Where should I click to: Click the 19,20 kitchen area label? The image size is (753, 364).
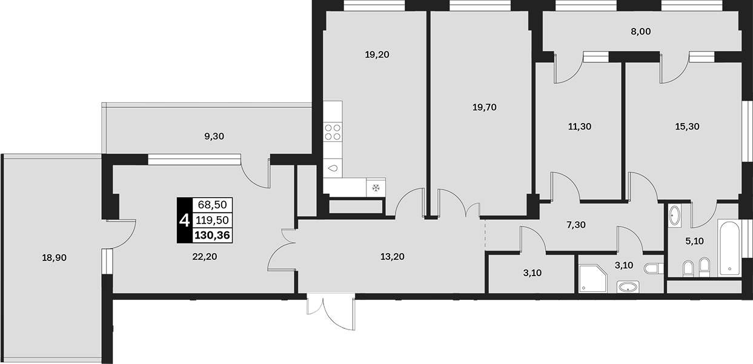pos(377,55)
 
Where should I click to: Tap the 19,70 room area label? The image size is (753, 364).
pos(485,107)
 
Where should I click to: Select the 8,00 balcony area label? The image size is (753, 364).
pos(641,31)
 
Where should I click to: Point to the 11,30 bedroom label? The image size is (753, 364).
pos(580,127)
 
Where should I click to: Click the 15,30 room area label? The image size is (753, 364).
pos(687,127)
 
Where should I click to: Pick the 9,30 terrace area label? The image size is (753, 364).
pos(214,136)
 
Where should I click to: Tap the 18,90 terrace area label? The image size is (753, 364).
pos(54,258)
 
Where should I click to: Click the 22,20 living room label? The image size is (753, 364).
pos(205,257)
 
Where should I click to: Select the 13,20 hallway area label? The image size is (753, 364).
pos(393,257)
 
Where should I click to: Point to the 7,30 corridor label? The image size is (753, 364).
pos(576,225)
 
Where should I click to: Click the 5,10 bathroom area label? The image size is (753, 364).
pos(694,241)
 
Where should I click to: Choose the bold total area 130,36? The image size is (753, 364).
pos(212,235)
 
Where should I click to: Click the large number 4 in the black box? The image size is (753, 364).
pos(185,221)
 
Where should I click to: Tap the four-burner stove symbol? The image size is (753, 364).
pos(333,132)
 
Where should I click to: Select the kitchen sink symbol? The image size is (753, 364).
pos(333,168)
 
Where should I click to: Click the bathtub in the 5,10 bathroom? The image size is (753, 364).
pos(729,248)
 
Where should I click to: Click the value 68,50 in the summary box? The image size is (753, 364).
pos(213,204)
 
